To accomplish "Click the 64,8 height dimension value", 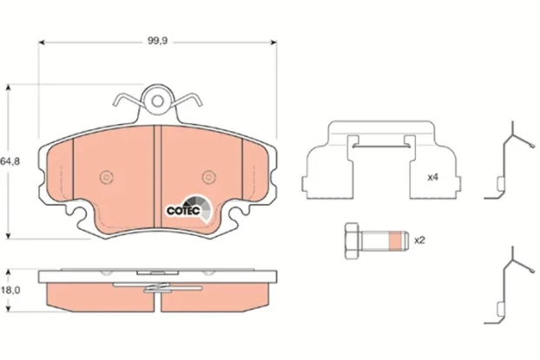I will pos(10,161).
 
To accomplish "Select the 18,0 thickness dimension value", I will pos(10,291).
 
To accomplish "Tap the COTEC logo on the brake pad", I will pos(185,208).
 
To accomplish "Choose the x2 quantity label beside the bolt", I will pos(419,239).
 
